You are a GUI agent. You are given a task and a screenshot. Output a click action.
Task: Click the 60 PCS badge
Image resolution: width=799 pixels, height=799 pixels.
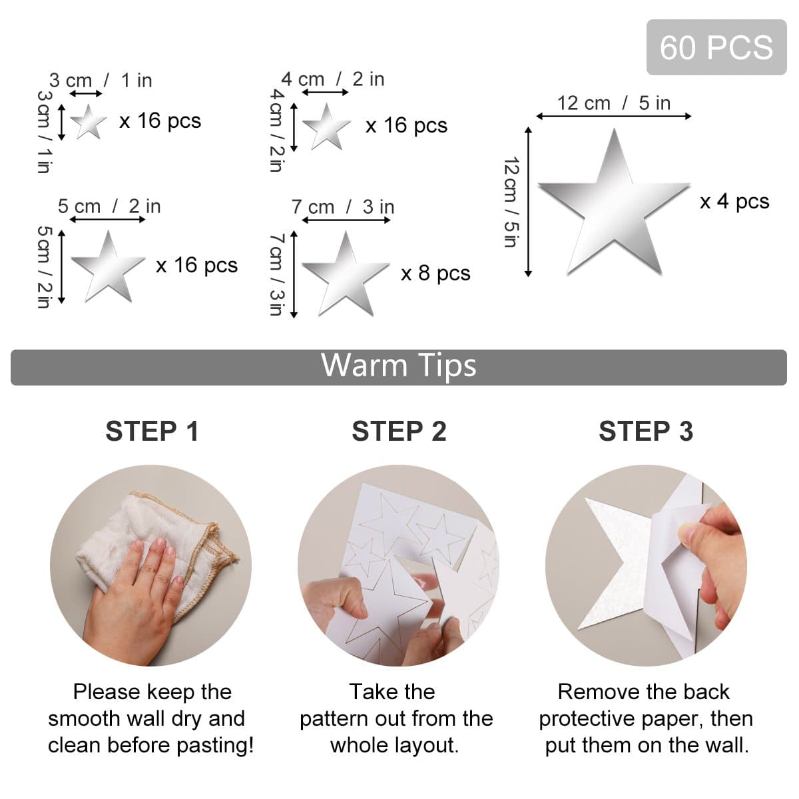pyautogui.click(x=716, y=47)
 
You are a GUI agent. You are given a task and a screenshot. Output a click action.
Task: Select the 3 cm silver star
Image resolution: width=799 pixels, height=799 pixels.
pyautogui.click(x=88, y=122)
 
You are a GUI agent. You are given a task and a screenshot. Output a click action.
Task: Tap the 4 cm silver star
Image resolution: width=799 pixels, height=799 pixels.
pyautogui.click(x=326, y=127)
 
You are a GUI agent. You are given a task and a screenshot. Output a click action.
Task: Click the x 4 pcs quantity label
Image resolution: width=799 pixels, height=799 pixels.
pyautogui.click(x=734, y=201)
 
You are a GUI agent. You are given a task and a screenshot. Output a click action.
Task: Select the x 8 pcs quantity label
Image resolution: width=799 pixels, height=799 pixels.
pyautogui.click(x=435, y=273)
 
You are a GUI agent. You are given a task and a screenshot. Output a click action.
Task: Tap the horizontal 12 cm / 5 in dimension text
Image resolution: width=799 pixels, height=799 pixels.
pyautogui.click(x=613, y=103)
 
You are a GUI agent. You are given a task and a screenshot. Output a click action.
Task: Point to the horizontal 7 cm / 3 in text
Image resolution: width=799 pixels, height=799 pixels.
pyautogui.click(x=343, y=206)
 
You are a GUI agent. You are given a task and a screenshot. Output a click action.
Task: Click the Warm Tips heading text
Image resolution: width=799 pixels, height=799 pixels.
pyautogui.click(x=399, y=366)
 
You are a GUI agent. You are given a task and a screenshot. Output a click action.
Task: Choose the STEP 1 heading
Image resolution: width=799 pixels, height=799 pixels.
pyautogui.click(x=152, y=431)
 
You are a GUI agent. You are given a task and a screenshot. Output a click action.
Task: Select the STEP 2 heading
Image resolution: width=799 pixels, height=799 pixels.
pyautogui.click(x=399, y=431)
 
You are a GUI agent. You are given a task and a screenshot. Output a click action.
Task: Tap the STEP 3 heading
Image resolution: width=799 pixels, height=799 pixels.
pyautogui.click(x=646, y=431)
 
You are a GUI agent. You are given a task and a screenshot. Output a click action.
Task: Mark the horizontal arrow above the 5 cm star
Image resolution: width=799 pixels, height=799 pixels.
pyautogui.click(x=107, y=219)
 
